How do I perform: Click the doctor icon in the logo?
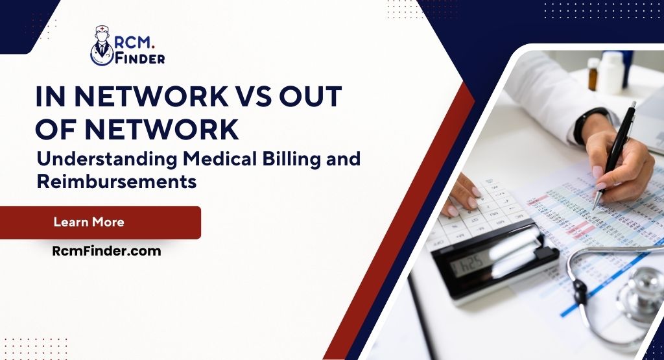[102, 45]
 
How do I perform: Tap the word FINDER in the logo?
[140, 58]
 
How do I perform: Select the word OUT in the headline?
[311, 96]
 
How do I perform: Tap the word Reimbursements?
[117, 182]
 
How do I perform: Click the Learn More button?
[101, 222]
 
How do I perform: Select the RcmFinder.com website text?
[106, 251]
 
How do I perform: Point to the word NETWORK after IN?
[151, 96]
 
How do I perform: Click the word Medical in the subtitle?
[220, 159]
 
